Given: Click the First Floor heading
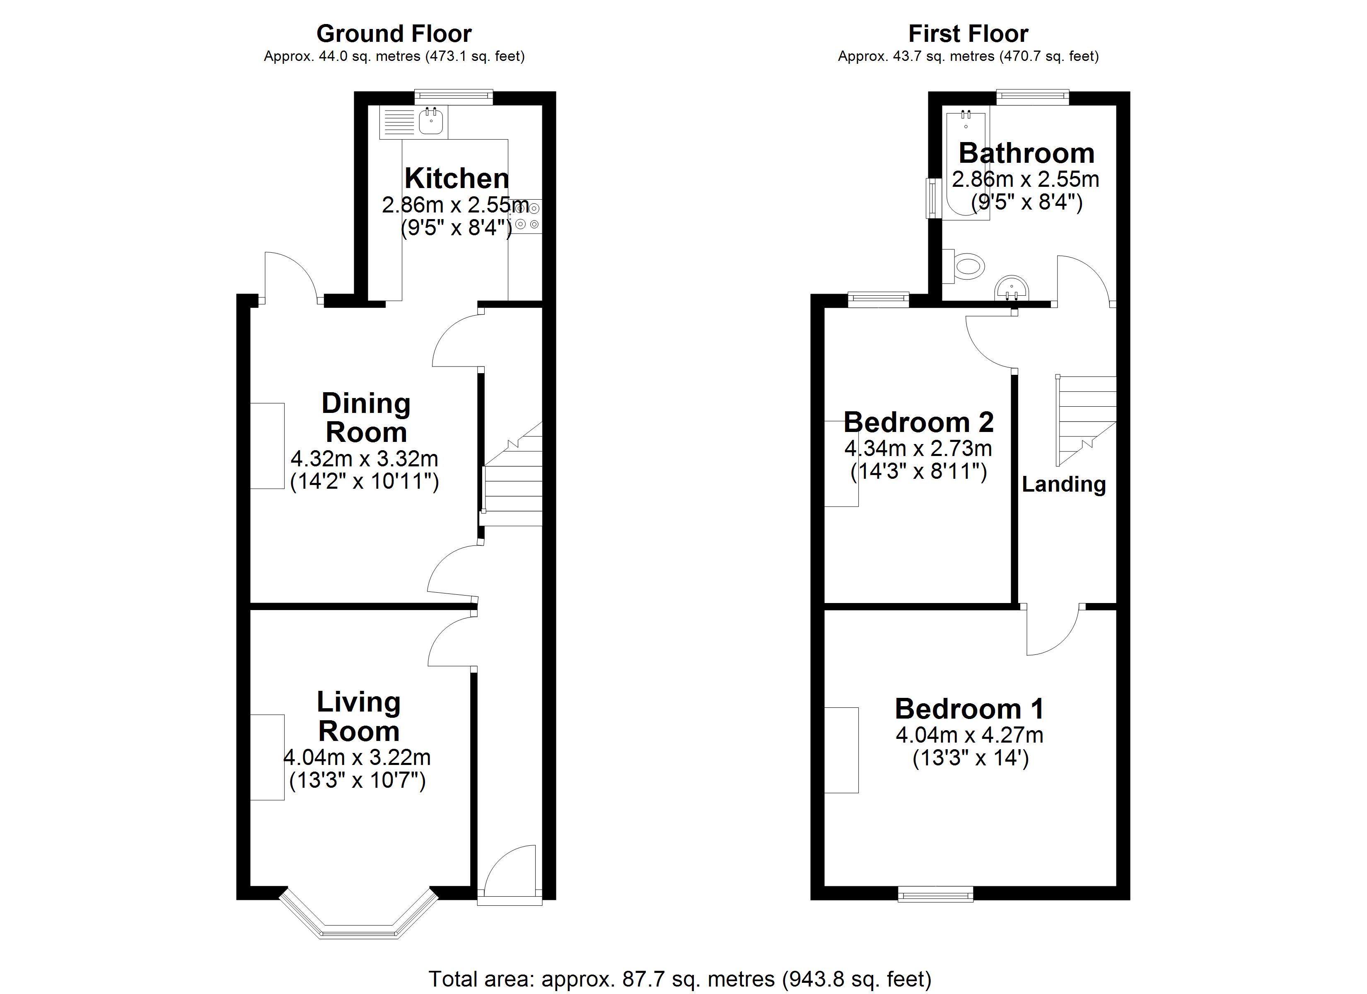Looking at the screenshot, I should [968, 34].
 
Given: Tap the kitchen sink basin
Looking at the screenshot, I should [432, 122].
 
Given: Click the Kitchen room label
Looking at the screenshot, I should [456, 179].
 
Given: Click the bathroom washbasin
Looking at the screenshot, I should [1012, 288].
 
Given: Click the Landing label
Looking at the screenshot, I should [1064, 484].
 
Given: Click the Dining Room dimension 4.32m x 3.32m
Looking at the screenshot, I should [364, 459].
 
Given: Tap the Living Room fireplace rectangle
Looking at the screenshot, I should [267, 757].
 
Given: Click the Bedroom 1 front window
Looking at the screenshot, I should [935, 893].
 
